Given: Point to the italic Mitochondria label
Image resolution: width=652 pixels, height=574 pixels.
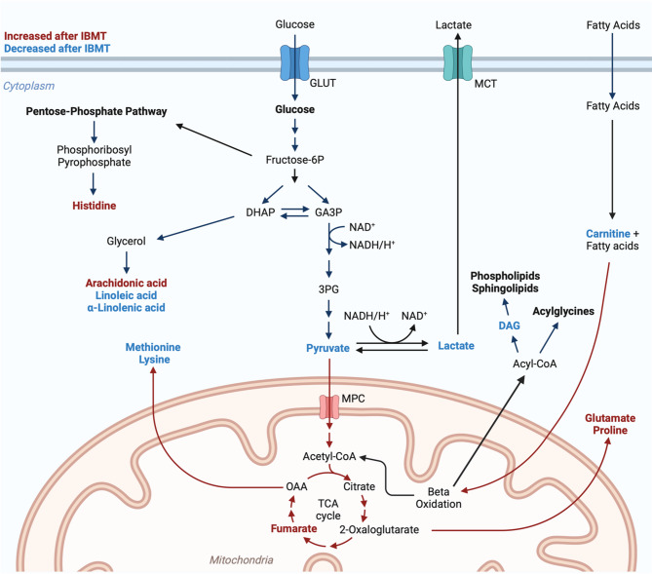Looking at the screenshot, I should click(x=242, y=559).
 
